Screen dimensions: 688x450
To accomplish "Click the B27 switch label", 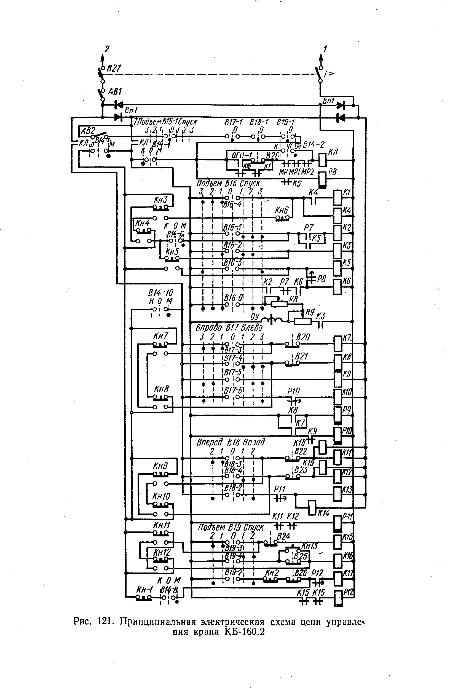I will (x=114, y=68).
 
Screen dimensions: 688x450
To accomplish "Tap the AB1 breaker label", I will (x=115, y=92).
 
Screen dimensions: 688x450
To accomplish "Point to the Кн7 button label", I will (x=160, y=336).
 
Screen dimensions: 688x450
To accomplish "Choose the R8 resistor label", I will (x=293, y=299).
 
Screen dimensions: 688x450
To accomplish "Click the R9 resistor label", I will (x=310, y=312).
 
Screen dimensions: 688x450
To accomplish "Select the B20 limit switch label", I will (x=303, y=337).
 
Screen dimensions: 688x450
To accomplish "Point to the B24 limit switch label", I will (x=283, y=536).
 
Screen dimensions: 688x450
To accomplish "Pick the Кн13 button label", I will (x=309, y=546).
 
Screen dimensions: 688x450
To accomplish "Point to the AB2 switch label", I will (x=88, y=131).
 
